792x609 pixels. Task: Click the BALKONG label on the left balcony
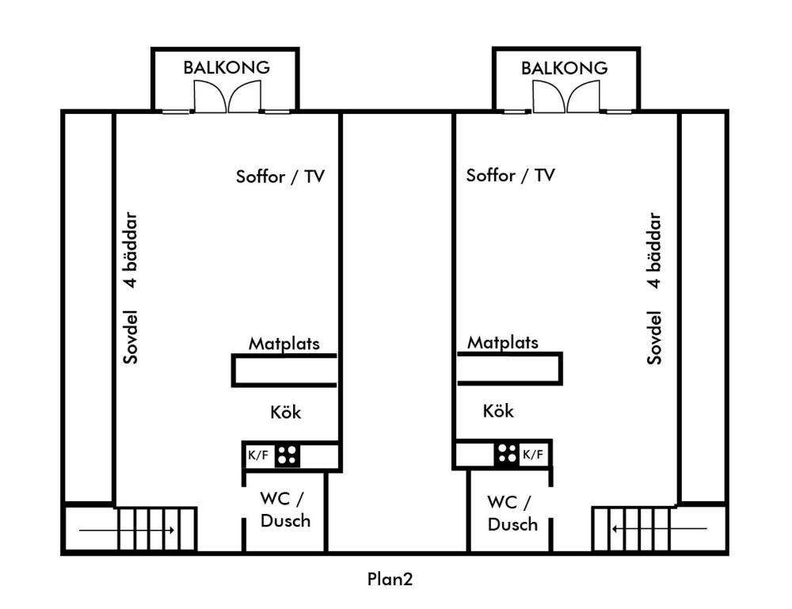(227, 67)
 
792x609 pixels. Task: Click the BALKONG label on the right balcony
(565, 67)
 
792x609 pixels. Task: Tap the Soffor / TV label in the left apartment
(281, 176)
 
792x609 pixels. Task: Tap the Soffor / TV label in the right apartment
(511, 176)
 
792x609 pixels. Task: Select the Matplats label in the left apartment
(284, 344)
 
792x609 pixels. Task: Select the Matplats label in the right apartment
(502, 343)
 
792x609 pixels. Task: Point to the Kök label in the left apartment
(285, 413)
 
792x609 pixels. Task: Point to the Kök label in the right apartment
(498, 412)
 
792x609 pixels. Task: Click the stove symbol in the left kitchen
(287, 455)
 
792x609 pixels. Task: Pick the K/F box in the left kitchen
(258, 455)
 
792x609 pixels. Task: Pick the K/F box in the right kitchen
(533, 455)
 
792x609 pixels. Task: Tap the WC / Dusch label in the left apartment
(285, 510)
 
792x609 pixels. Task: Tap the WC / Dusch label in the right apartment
(512, 513)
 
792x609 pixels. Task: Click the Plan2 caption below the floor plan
(390, 579)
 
